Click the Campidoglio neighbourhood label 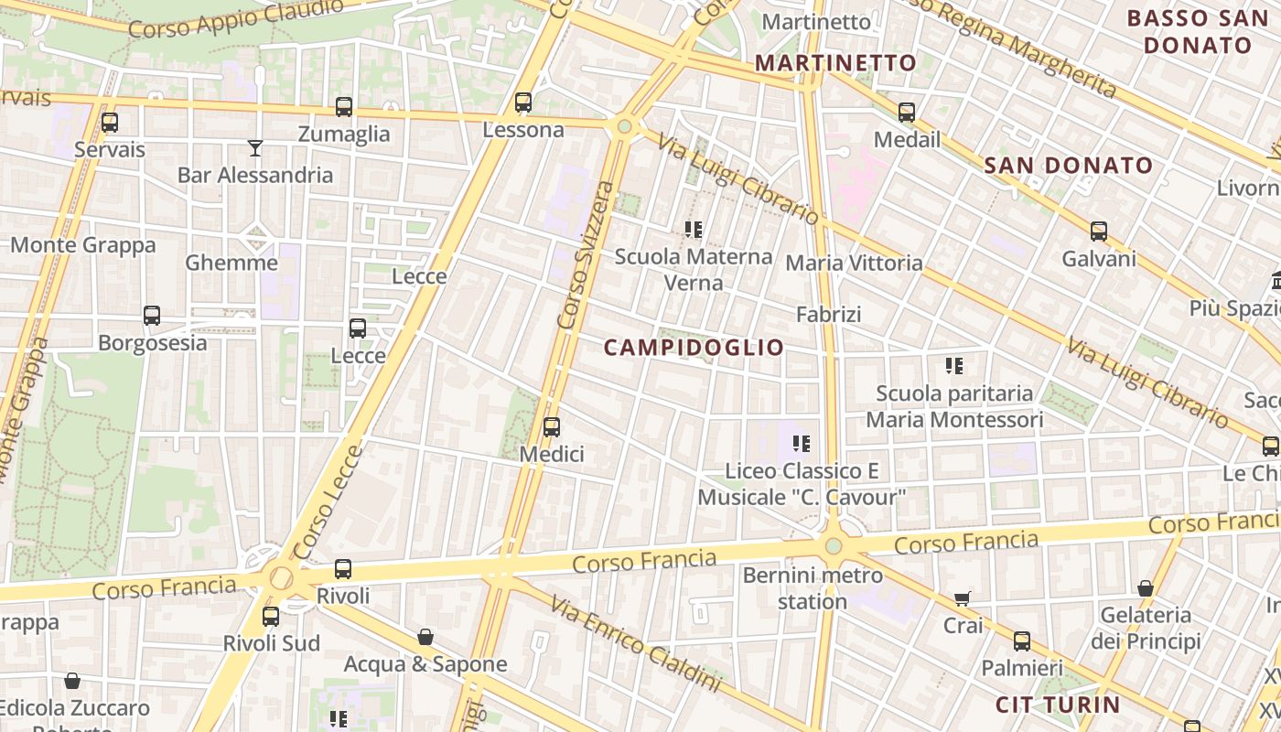tap(694, 348)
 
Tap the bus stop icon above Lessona tap(523, 102)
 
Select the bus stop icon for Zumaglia tap(344, 107)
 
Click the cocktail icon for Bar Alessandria tap(255, 147)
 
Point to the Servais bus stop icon tap(110, 122)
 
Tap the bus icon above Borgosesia tap(152, 316)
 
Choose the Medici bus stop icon tap(552, 426)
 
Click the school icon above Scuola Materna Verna tap(694, 229)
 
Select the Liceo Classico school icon tap(802, 444)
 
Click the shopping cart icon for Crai tap(962, 598)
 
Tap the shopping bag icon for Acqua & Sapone tap(425, 637)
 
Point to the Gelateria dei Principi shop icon tap(1145, 587)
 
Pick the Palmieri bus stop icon tap(1022, 641)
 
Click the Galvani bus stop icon tap(1099, 231)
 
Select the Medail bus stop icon tap(907, 113)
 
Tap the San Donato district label tap(1069, 166)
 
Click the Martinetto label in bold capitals tap(835, 63)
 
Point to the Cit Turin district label tap(1058, 705)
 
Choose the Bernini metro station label tap(813, 588)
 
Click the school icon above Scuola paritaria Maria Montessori tap(954, 366)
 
